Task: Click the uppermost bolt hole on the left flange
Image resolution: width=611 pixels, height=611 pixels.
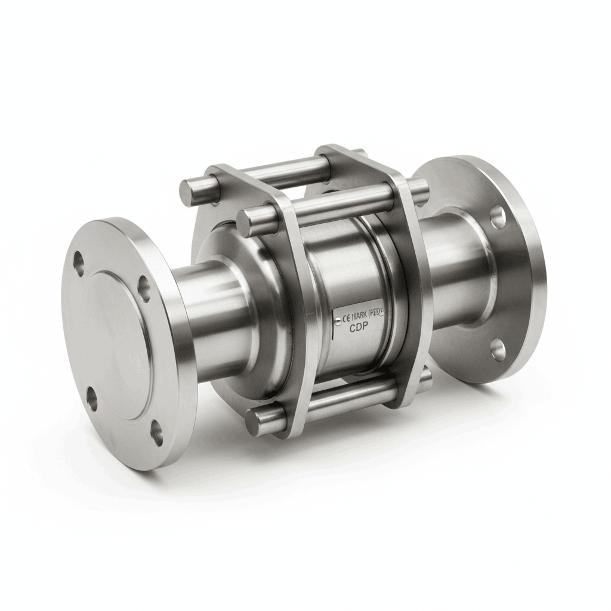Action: point(79,260)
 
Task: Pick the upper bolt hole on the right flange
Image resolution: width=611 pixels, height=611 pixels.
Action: point(498,217)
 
